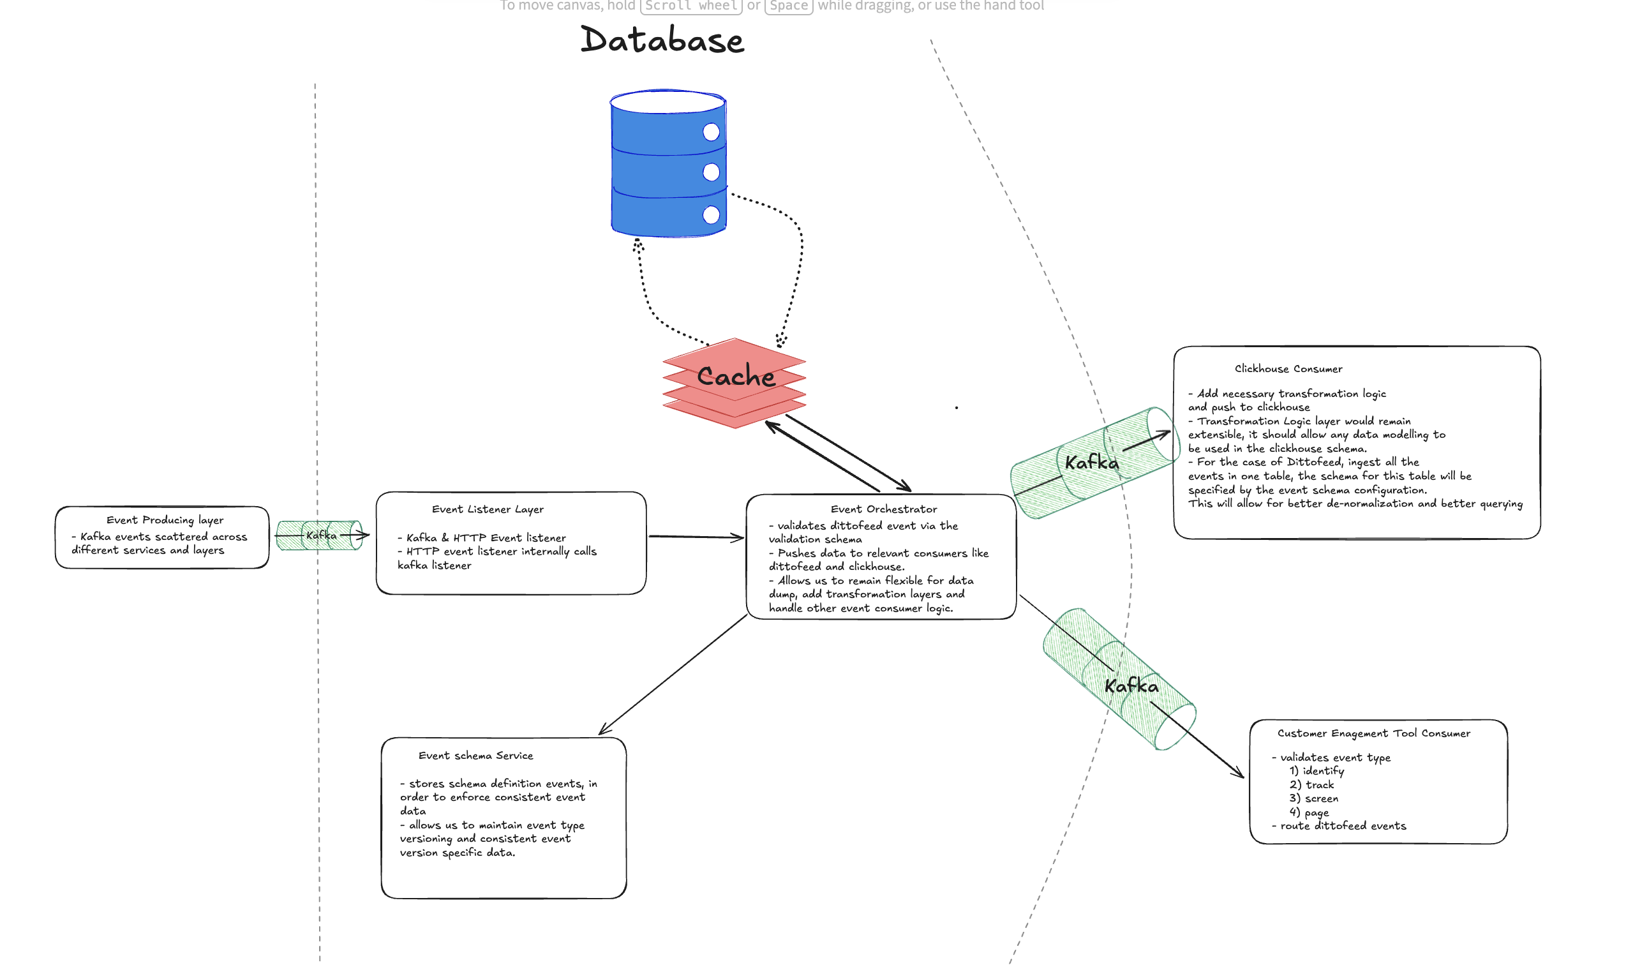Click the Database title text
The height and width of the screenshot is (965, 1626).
click(662, 40)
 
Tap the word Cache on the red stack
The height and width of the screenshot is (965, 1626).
click(735, 377)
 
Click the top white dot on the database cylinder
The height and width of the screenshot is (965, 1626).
click(711, 132)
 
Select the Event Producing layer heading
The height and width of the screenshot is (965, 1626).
click(165, 520)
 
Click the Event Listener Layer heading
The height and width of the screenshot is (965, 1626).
click(488, 509)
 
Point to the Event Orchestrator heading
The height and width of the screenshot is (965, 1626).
click(884, 509)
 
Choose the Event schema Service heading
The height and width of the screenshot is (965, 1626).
click(475, 756)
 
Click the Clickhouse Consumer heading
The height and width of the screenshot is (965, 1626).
click(1288, 369)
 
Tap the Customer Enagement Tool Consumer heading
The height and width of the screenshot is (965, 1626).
click(1373, 733)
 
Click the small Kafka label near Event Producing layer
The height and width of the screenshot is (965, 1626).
click(321, 535)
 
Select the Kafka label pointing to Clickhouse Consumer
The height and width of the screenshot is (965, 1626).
click(1092, 462)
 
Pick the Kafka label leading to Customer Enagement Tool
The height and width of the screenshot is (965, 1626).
click(1131, 686)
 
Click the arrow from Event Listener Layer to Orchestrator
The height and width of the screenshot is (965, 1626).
click(696, 537)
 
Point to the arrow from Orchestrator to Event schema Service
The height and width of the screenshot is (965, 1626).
click(673, 675)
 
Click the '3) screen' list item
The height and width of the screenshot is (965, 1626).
click(1313, 798)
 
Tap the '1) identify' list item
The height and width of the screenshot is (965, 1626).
click(1316, 770)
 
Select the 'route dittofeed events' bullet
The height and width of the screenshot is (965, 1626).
click(1342, 826)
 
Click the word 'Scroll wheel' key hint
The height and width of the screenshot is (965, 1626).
click(691, 6)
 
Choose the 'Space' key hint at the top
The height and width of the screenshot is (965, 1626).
click(789, 6)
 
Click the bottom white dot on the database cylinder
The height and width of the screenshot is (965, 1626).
click(711, 214)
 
